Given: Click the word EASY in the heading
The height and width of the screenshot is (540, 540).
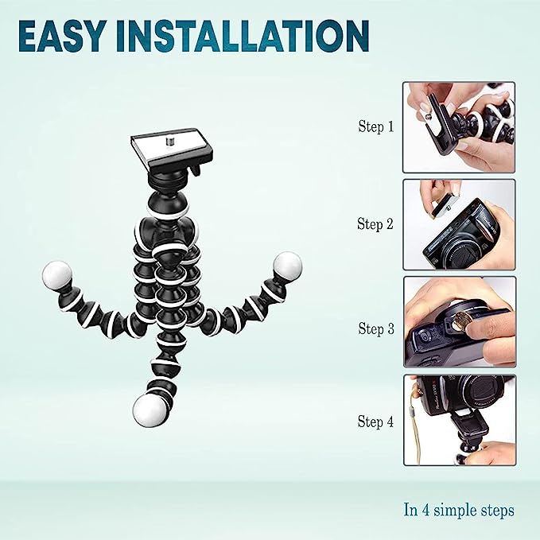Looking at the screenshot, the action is coord(61,36).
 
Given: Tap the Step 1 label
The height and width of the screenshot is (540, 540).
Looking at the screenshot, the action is coord(375,126).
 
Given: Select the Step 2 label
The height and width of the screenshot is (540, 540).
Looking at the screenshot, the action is coord(375,224).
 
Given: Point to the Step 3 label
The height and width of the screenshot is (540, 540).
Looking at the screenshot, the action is coord(375,328).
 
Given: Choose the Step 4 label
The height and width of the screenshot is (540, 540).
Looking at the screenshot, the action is coord(375,422).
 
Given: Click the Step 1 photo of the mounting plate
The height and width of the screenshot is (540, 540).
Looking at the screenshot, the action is coord(459,127).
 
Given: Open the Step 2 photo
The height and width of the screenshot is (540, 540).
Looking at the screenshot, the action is coord(459,224).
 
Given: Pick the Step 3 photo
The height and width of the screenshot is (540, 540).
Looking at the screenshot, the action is coord(460,322).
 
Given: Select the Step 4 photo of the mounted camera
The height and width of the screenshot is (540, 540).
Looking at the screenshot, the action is coord(460,420).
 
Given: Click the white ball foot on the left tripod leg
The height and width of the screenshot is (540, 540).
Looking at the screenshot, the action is coord(57,274).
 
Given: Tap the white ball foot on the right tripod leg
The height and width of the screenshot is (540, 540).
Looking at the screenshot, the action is coord(288,266).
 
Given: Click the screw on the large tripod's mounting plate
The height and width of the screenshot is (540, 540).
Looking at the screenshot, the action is coord(169,142).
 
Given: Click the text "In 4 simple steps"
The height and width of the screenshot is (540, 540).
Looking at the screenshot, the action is coord(459,510).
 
